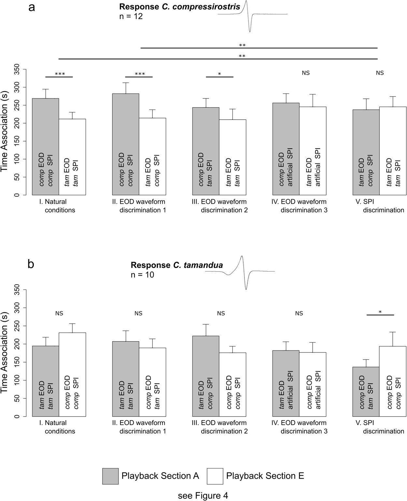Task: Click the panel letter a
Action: click(x=32, y=7)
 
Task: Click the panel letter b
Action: click(x=31, y=264)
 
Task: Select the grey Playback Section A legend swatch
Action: click(x=110, y=476)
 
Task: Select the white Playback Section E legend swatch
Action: click(x=215, y=476)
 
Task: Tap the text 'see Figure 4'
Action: click(x=203, y=496)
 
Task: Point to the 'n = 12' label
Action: click(x=131, y=16)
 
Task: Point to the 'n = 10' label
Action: click(x=142, y=275)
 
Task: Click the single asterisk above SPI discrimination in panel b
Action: click(x=380, y=312)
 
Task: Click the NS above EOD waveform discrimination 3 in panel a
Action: click(x=306, y=73)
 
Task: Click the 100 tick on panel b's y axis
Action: click(x=17, y=380)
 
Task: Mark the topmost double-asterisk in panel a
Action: click(x=242, y=45)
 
